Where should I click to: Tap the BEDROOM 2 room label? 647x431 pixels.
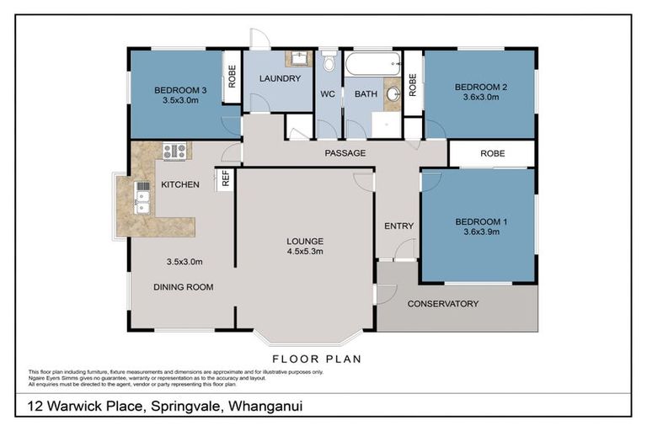pos(479,87)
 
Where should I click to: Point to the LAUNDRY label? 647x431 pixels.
pos(280,79)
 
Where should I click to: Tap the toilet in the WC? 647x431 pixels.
pos(329,62)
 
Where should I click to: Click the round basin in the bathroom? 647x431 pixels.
pos(393,94)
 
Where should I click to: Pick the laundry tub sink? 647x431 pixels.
pos(298,58)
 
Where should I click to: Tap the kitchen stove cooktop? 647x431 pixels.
pos(174,152)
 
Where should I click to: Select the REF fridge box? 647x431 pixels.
pos(225,178)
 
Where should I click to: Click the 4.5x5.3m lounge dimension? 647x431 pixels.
pos(306,251)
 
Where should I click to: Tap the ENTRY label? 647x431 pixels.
pos(398,226)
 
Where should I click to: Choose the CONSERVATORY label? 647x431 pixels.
pos(443,304)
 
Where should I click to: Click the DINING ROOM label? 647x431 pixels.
pos(183,287)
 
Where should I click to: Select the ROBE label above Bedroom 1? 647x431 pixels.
pos(492,154)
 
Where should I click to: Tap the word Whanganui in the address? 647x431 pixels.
pos(265,407)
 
